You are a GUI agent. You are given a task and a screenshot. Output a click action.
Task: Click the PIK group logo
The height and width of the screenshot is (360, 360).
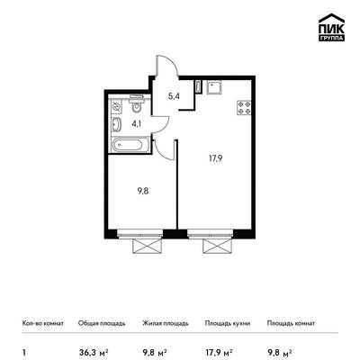point(331,27)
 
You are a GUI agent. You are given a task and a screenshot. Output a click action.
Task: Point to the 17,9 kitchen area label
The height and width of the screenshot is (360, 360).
point(215,158)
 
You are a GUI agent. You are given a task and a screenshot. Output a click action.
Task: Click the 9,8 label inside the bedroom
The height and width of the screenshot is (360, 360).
point(143,191)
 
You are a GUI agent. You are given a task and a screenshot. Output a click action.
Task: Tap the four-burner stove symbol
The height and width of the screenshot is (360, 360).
point(244,108)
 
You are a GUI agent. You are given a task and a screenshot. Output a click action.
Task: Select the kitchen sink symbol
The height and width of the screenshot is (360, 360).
point(214,87)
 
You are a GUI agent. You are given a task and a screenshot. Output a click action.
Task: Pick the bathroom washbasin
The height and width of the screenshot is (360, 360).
point(116,125)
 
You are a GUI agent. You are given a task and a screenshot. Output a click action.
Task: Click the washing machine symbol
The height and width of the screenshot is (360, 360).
point(116,107)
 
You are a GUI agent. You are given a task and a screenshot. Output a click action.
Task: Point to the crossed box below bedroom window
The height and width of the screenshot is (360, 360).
point(148,247)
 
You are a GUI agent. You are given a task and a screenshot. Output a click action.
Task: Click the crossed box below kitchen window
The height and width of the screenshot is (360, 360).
point(218,247)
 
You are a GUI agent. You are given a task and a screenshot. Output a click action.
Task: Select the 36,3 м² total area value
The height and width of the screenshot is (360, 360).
point(94,351)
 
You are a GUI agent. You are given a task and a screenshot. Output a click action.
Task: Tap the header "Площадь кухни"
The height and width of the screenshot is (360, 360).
point(228,323)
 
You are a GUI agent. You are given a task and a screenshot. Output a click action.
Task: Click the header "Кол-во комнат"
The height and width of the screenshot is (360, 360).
point(43,323)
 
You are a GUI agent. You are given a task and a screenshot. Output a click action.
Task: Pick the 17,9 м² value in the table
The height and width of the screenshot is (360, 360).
point(219,351)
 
